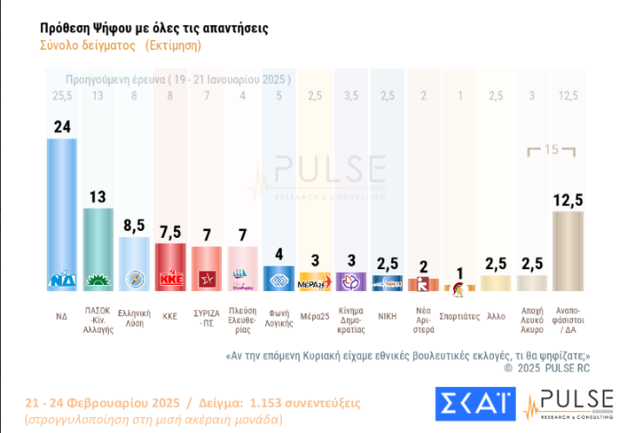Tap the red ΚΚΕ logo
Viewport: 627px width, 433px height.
pyautogui.click(x=170, y=281)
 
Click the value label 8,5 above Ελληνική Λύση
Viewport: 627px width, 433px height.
pyautogui.click(x=134, y=225)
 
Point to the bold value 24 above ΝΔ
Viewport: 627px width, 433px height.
pyautogui.click(x=62, y=126)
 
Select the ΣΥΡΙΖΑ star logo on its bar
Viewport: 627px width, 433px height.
pyautogui.click(x=207, y=281)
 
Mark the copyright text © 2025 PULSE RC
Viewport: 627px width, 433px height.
pyautogui.click(x=548, y=369)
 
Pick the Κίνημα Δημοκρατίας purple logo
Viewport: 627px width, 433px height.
pyautogui.click(x=351, y=281)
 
